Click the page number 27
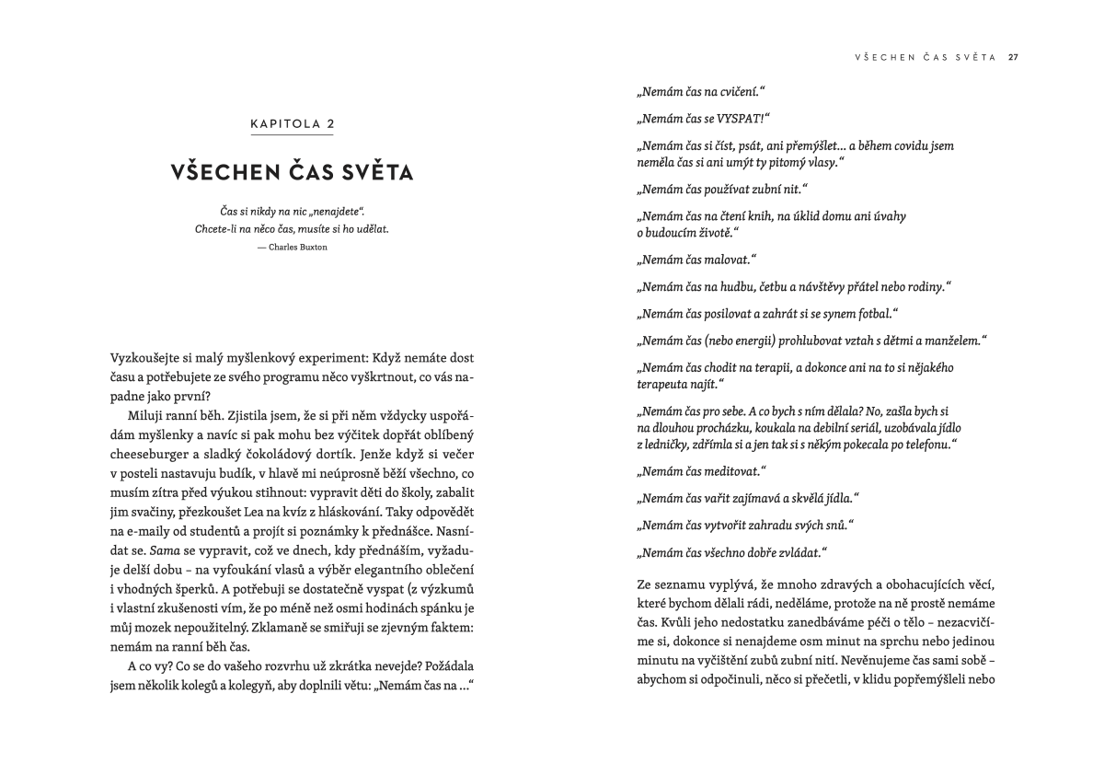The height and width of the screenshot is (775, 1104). pos(1013,57)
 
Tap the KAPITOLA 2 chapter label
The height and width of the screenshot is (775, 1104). pos(292,123)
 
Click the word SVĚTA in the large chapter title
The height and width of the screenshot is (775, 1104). pos(372,172)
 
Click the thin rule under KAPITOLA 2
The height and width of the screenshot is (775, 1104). pos(292,135)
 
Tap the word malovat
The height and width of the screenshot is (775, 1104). pos(730,260)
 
